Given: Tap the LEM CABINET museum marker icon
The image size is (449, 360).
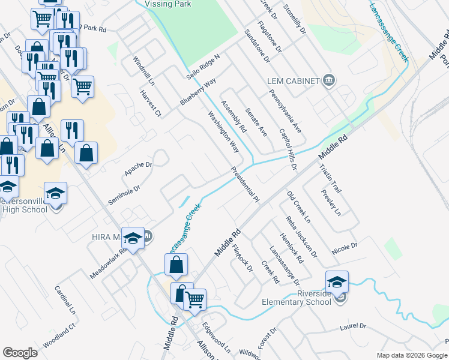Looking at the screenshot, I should click(x=328, y=80).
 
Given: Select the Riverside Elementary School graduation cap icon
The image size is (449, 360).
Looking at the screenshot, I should click(x=337, y=281).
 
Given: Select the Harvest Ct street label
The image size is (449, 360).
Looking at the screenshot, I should click(x=151, y=103).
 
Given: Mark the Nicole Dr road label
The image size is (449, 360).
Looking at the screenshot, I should click(x=345, y=247).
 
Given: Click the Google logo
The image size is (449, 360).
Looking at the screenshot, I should click(x=20, y=353).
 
